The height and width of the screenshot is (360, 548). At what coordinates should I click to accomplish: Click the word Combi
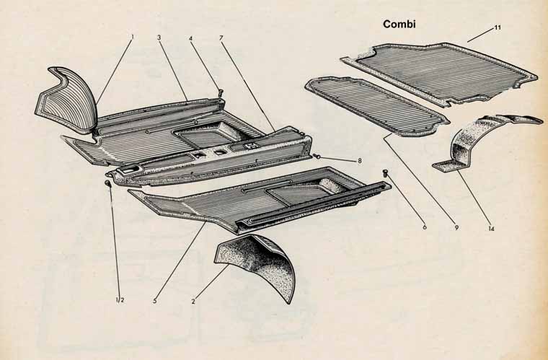399,24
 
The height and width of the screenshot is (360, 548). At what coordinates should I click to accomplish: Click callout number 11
498,27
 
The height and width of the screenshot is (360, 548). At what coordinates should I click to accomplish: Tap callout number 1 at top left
133,37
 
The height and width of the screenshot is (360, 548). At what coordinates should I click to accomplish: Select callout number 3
159,37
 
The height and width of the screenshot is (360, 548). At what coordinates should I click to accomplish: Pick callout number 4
190,38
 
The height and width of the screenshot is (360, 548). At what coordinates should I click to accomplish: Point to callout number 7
221,38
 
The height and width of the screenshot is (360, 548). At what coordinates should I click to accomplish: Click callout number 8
359,161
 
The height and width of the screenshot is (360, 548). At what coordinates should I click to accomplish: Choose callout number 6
424,227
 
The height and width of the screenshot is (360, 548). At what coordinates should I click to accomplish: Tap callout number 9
456,227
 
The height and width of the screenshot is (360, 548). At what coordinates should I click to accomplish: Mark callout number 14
491,229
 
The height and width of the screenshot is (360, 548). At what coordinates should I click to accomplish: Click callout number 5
154,300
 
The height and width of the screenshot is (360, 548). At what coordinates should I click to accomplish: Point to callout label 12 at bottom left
120,300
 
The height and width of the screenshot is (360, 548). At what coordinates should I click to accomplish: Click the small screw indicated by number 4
221,92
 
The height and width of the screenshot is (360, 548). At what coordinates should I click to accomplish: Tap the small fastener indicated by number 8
317,156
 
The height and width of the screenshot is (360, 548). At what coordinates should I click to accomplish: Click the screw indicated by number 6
386,172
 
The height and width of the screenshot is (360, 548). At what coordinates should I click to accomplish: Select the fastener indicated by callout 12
108,183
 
